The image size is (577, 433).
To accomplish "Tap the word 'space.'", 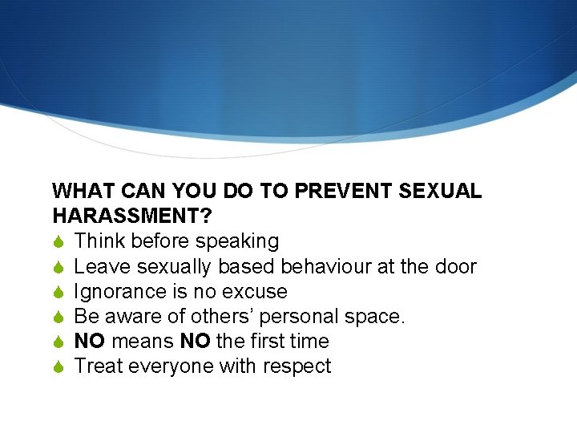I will tap(376, 316).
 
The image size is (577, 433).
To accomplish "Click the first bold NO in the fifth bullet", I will tap(90, 341).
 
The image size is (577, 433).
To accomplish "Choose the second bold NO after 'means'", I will tap(196, 341).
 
